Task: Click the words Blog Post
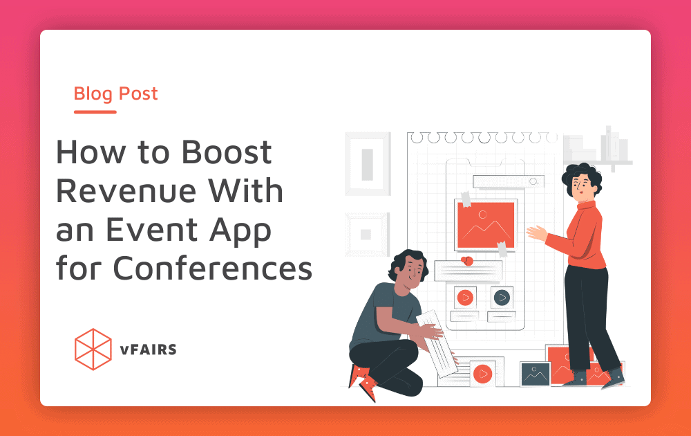pyautogui.click(x=116, y=93)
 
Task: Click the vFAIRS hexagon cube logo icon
pyautogui.click(x=93, y=349)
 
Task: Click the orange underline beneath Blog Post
pyautogui.click(x=95, y=111)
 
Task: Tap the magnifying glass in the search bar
pyautogui.click(x=533, y=181)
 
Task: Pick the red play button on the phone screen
pyautogui.click(x=465, y=298)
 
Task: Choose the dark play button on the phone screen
pyautogui.click(x=502, y=298)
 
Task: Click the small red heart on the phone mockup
pyautogui.click(x=466, y=261)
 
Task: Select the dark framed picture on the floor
pyautogui.click(x=534, y=374)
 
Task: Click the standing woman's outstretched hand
pyautogui.click(x=534, y=232)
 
